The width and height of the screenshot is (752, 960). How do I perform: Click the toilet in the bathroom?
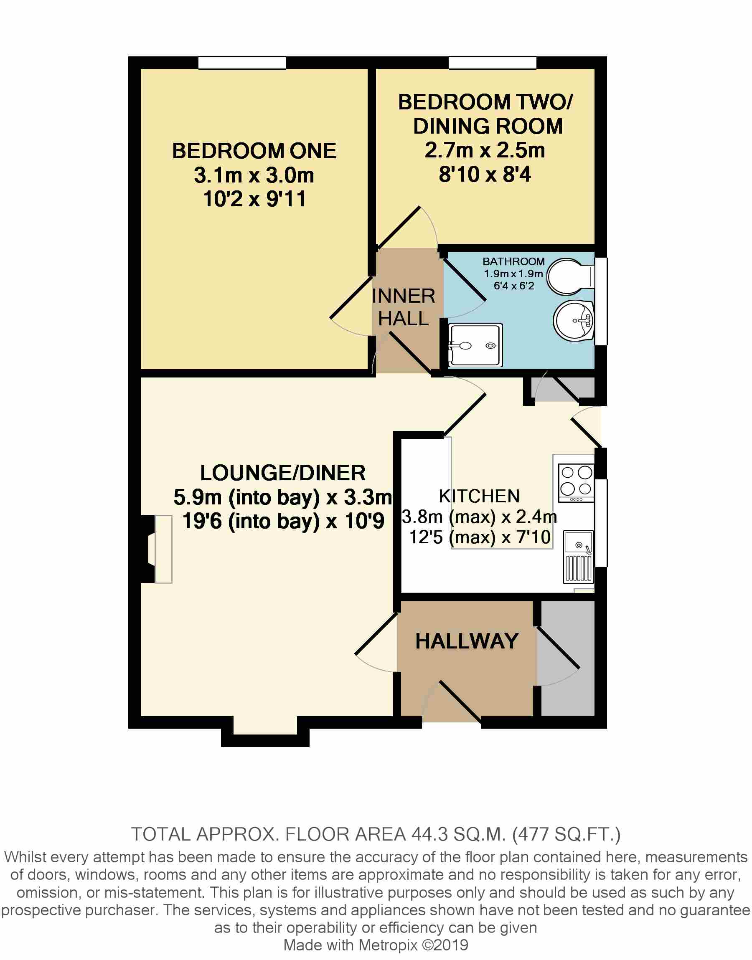571,276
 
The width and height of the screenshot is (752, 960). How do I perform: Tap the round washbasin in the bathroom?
574,321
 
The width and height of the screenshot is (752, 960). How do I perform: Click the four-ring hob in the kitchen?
576,483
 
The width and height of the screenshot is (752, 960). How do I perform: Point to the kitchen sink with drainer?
579,557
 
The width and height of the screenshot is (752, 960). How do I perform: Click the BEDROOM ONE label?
254,151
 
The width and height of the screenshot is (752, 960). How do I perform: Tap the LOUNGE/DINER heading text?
283,473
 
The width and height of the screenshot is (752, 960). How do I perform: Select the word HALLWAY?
467,641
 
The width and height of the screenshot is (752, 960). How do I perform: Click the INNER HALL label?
403,307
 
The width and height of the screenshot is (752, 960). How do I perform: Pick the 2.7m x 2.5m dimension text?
485,150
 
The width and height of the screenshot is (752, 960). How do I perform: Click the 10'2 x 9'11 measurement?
254,199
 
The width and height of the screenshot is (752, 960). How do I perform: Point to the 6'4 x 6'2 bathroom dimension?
514,286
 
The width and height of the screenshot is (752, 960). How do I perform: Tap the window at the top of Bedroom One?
242,63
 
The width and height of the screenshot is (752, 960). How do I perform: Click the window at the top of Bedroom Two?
492,63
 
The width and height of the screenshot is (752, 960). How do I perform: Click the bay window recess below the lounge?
265,731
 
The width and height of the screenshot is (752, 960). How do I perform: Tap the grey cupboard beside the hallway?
567,658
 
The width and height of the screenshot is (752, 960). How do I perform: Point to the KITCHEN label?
480,496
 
